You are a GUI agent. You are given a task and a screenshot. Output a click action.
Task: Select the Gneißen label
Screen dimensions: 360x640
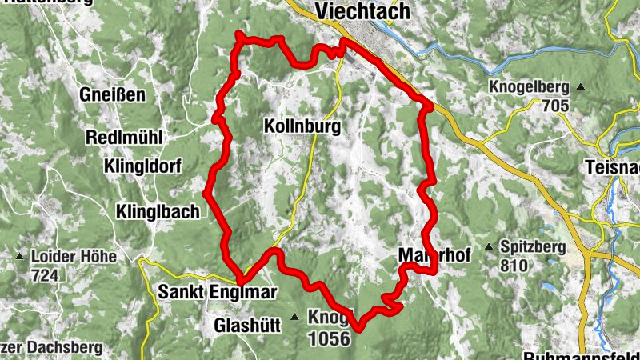(112, 95)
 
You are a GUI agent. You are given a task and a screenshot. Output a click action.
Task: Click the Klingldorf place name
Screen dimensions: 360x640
(142, 166)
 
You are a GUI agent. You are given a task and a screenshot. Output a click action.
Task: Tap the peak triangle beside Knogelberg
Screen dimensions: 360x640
(581, 86)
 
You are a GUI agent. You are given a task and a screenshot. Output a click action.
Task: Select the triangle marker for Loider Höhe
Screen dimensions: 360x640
(19, 257)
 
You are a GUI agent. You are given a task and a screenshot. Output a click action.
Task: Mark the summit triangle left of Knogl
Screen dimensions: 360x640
(294, 318)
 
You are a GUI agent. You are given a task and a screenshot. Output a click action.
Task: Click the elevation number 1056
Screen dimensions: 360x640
(329, 338)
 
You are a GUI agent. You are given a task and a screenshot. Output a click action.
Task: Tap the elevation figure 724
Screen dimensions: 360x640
(45, 275)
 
